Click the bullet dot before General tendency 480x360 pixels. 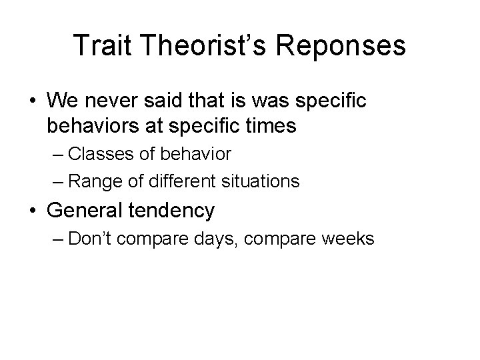tap(32, 211)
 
